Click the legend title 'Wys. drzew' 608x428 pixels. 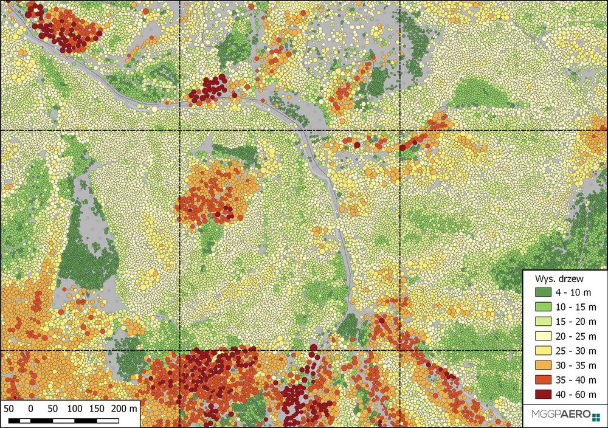point(559,279)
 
